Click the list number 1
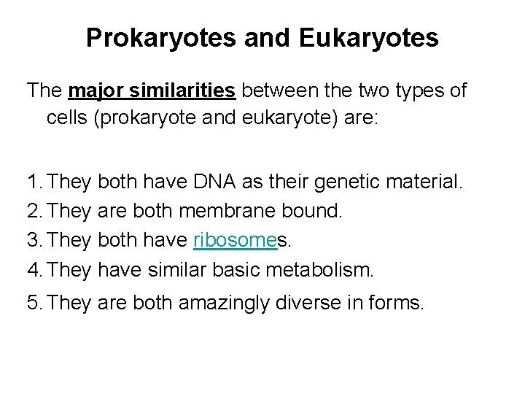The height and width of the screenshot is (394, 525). pyautogui.click(x=33, y=179)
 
